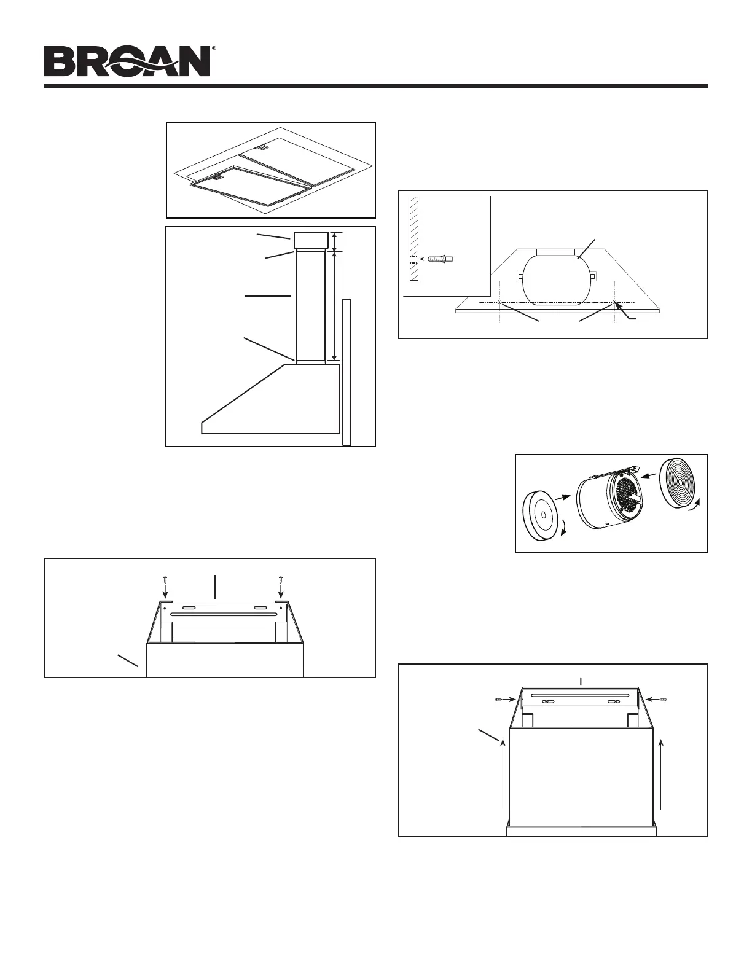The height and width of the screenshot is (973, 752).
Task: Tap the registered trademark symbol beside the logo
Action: (x=213, y=48)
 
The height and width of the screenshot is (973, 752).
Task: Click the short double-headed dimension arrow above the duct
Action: (x=334, y=241)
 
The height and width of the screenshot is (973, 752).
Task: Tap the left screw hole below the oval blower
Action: (x=500, y=303)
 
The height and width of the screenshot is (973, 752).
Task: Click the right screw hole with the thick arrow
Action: (x=614, y=302)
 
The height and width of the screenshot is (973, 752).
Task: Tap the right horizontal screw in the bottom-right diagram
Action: (x=664, y=699)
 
